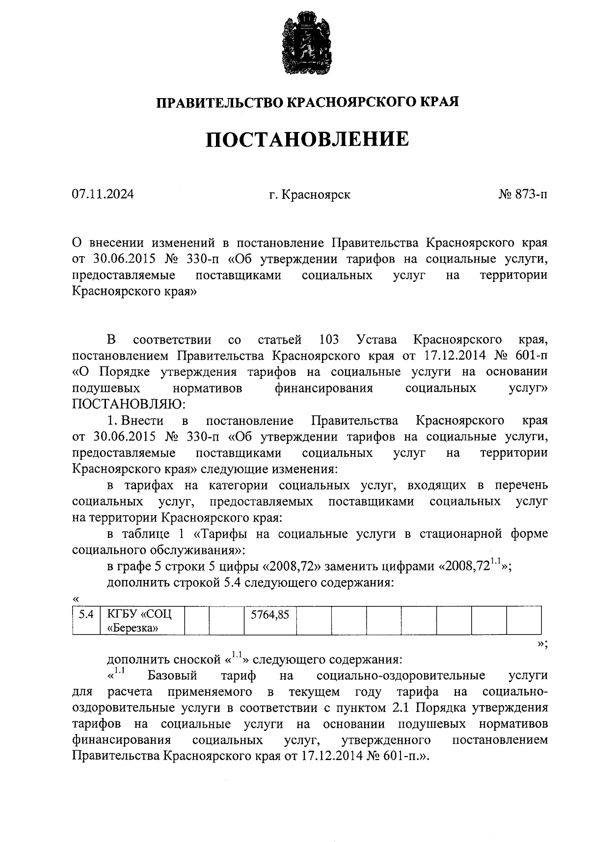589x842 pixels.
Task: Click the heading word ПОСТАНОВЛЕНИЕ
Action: [x=307, y=139]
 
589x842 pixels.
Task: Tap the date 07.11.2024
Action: [x=103, y=195]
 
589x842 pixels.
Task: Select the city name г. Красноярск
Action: [x=310, y=195]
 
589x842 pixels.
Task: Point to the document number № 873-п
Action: [x=523, y=195]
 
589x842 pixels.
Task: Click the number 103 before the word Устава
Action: [x=329, y=340]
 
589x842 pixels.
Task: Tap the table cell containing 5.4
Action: [x=86, y=614]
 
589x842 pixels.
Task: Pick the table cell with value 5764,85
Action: [x=269, y=614]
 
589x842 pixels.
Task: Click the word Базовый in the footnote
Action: [x=172, y=676]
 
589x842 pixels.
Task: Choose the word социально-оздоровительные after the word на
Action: [x=401, y=676]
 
